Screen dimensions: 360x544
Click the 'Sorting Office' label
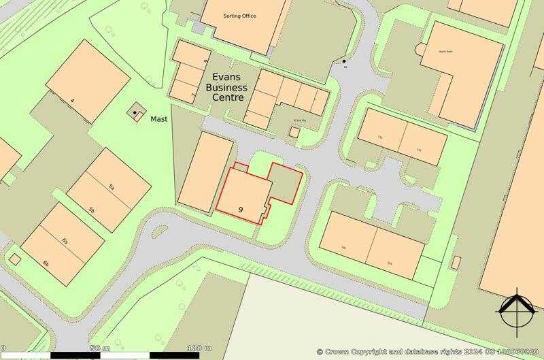point(239,16)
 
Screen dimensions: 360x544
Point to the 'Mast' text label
point(160,118)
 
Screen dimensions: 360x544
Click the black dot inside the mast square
point(135,112)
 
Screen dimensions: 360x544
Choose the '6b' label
point(46,263)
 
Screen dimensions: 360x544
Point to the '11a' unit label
point(380,138)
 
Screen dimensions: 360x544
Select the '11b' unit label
point(419,150)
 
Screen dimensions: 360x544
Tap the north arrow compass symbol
point(516,312)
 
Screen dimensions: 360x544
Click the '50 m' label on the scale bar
point(100,348)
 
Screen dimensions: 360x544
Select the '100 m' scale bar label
point(198,348)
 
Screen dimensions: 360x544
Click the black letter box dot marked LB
point(344,62)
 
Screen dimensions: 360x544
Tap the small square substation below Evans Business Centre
point(294,133)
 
